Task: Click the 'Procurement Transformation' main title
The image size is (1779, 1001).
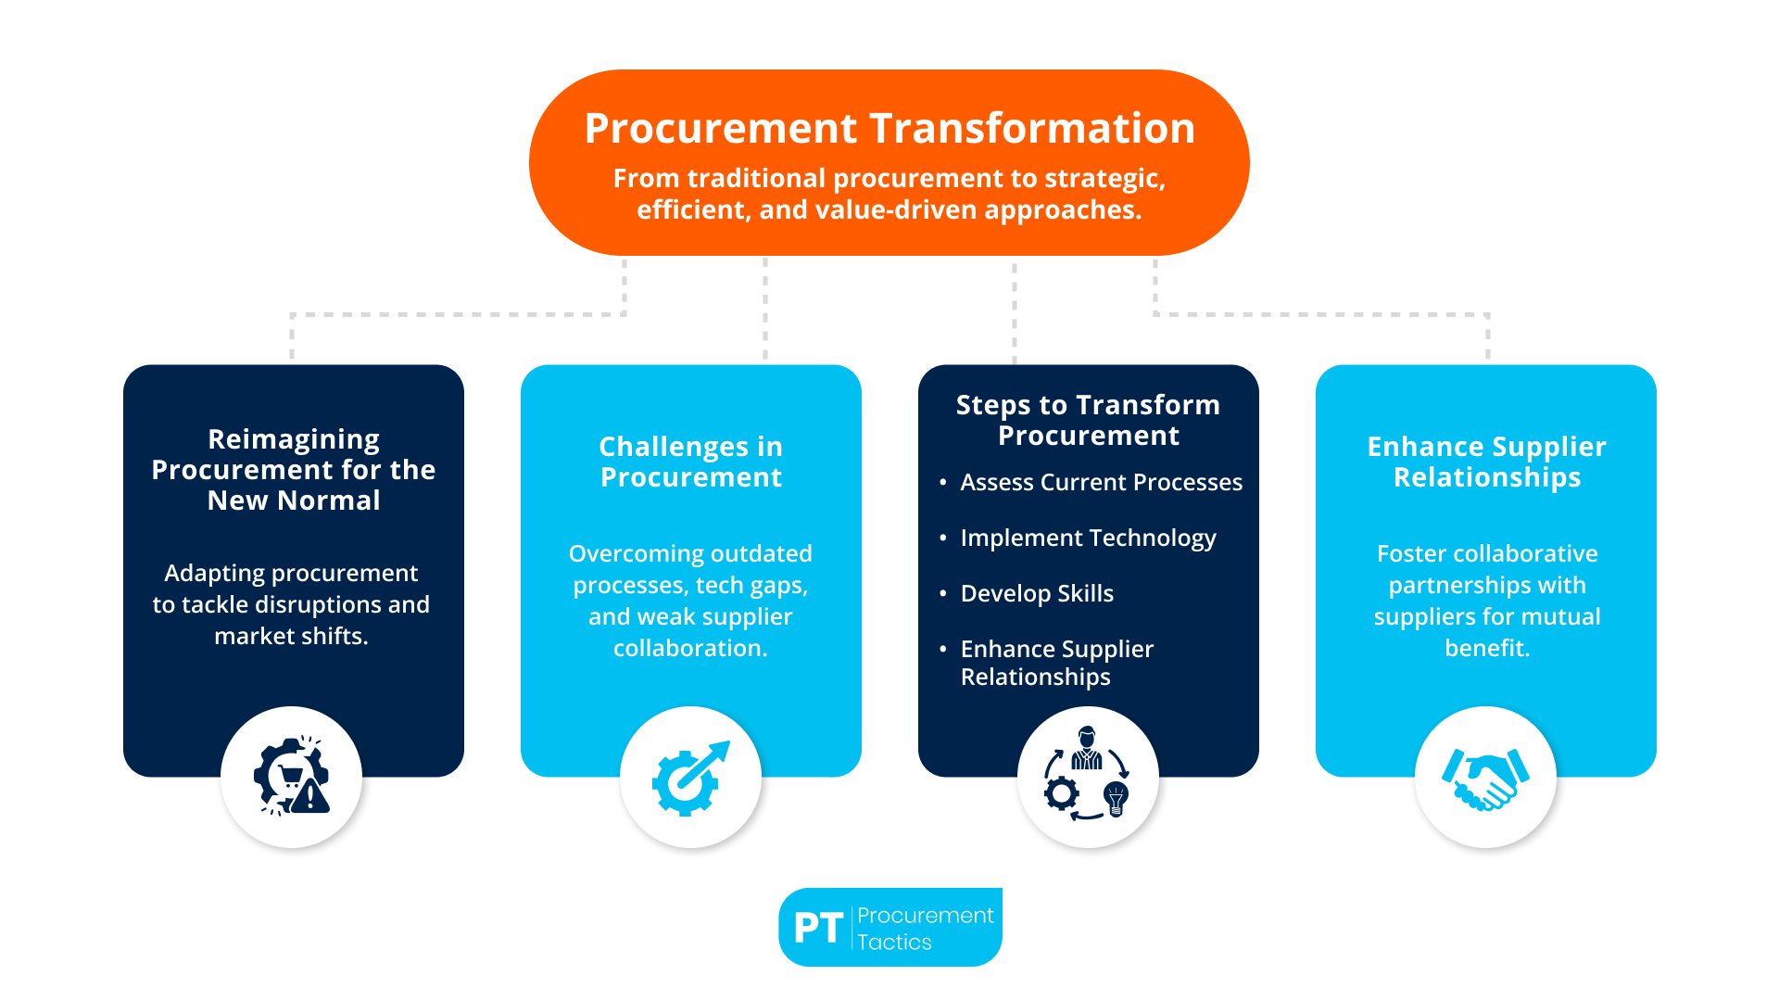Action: pos(889,128)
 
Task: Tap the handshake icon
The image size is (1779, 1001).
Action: pos(1485,779)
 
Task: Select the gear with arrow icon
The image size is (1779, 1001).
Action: pos(690,779)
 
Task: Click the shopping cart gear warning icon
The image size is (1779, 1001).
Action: pos(292,779)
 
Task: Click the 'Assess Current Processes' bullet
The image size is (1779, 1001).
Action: pos(1101,482)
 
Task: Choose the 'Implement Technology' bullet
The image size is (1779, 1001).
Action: pos(1088,538)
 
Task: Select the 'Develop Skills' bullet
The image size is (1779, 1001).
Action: pos(1037,593)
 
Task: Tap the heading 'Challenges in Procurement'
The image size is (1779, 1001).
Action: pos(690,462)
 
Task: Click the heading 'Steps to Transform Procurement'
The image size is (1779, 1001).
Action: pos(1088,420)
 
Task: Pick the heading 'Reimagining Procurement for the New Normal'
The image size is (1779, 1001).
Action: pos(293,470)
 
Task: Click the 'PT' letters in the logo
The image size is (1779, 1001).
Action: pos(818,928)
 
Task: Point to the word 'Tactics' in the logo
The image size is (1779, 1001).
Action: pos(894,943)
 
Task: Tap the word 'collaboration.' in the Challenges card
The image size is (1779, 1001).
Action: pos(690,648)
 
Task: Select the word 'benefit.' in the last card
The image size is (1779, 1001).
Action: pos(1487,648)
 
